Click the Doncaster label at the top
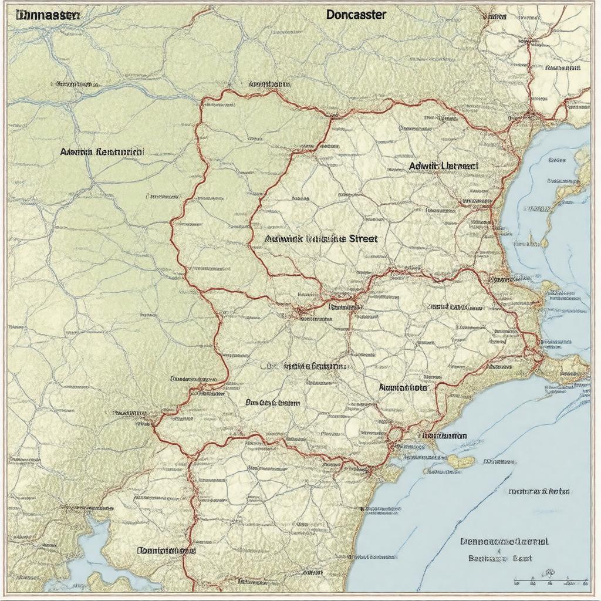(x=356, y=15)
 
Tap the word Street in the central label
(x=363, y=239)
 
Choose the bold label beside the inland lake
(x=166, y=551)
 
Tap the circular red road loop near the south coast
(x=394, y=435)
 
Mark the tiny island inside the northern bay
(x=531, y=241)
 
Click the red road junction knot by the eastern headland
(x=535, y=352)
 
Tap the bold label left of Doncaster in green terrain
(x=102, y=151)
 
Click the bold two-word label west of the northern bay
(x=443, y=166)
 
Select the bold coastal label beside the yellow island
(x=444, y=436)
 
